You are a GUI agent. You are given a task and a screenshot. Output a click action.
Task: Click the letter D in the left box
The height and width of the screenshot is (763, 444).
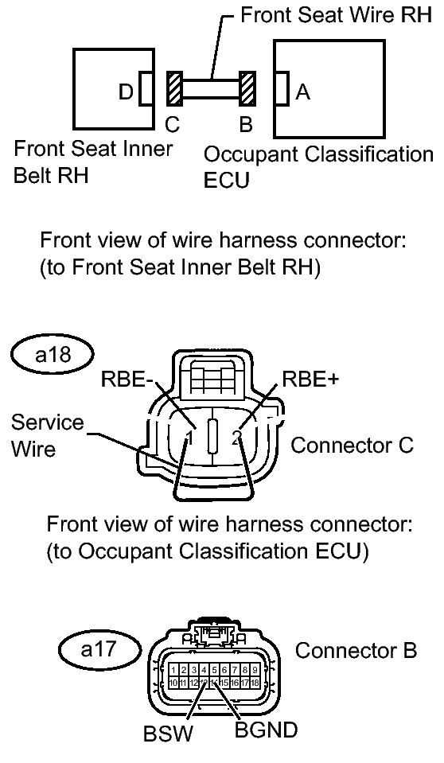[x=126, y=92]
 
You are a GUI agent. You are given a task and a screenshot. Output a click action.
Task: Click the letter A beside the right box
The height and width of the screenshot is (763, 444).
[x=302, y=92]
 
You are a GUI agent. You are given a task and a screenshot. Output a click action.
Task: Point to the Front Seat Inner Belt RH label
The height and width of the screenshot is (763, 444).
[x=94, y=162]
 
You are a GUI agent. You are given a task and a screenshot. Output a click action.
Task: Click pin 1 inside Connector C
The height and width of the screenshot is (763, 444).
[x=186, y=437]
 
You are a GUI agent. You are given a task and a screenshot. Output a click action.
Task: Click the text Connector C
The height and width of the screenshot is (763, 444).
[x=352, y=445]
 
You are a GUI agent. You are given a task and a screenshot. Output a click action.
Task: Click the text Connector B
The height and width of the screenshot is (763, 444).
[x=356, y=650]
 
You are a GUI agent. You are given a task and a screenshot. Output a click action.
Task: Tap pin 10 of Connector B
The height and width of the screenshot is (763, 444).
[x=173, y=683]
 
